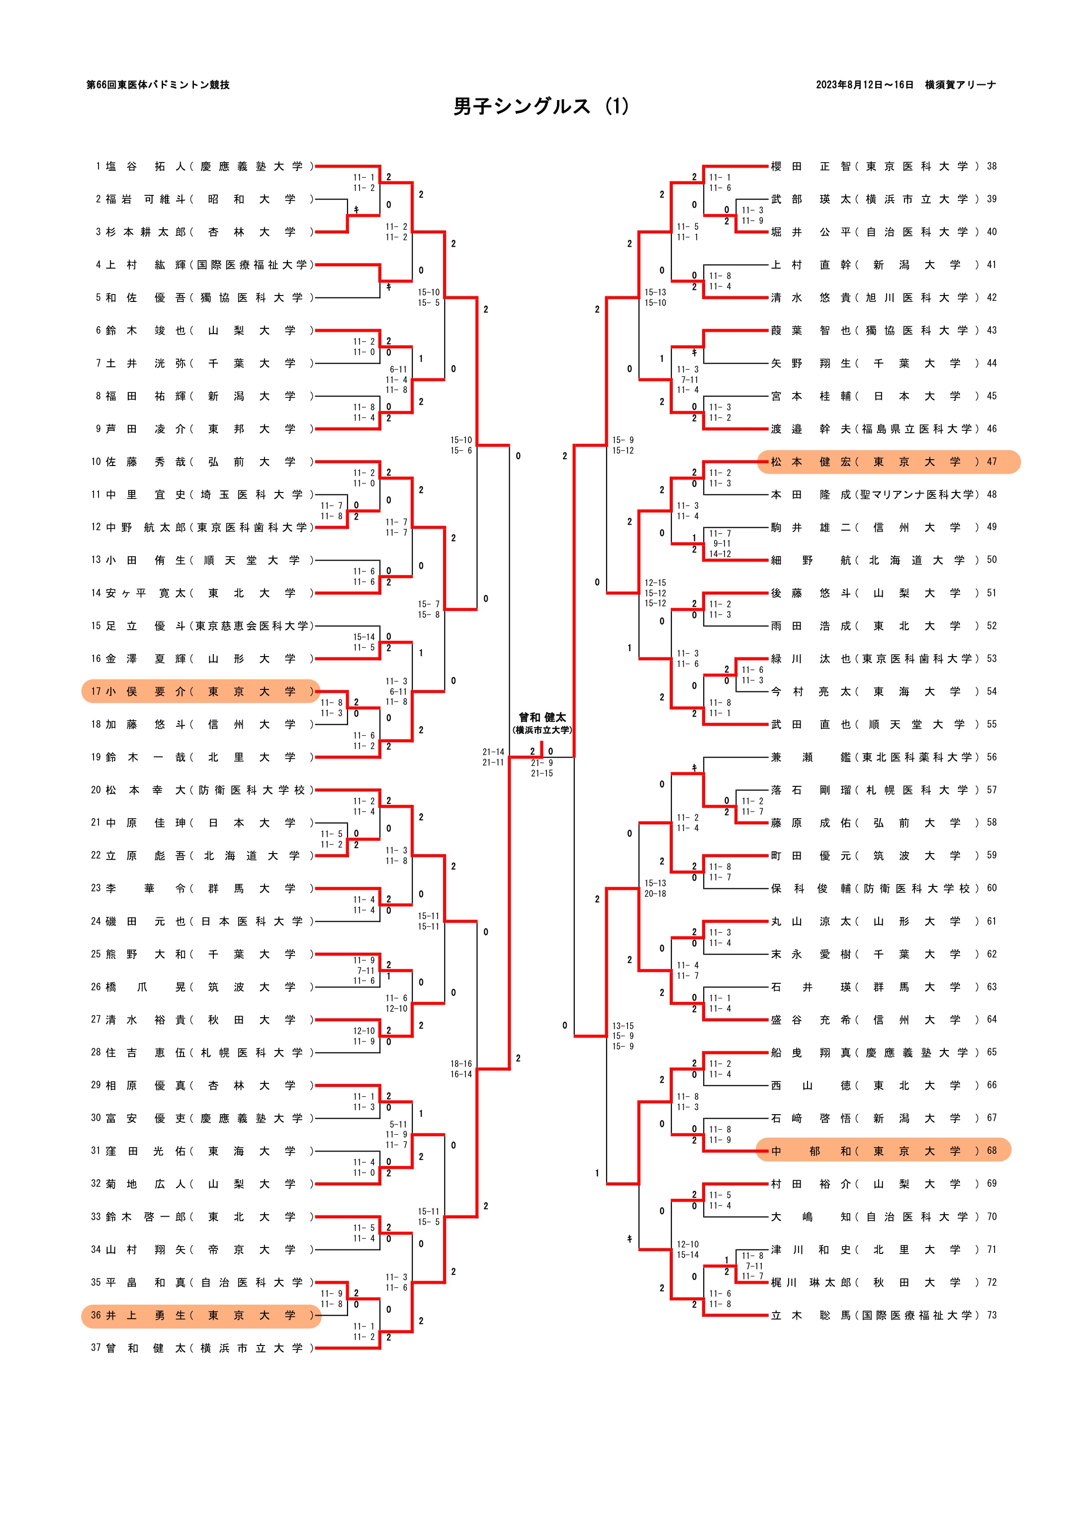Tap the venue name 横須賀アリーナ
click(x=960, y=85)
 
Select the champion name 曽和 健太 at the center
click(x=542, y=717)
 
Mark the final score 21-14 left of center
click(x=493, y=752)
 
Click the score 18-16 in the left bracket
click(x=460, y=1063)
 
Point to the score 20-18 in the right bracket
click(x=655, y=893)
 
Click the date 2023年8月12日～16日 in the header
click(x=864, y=85)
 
